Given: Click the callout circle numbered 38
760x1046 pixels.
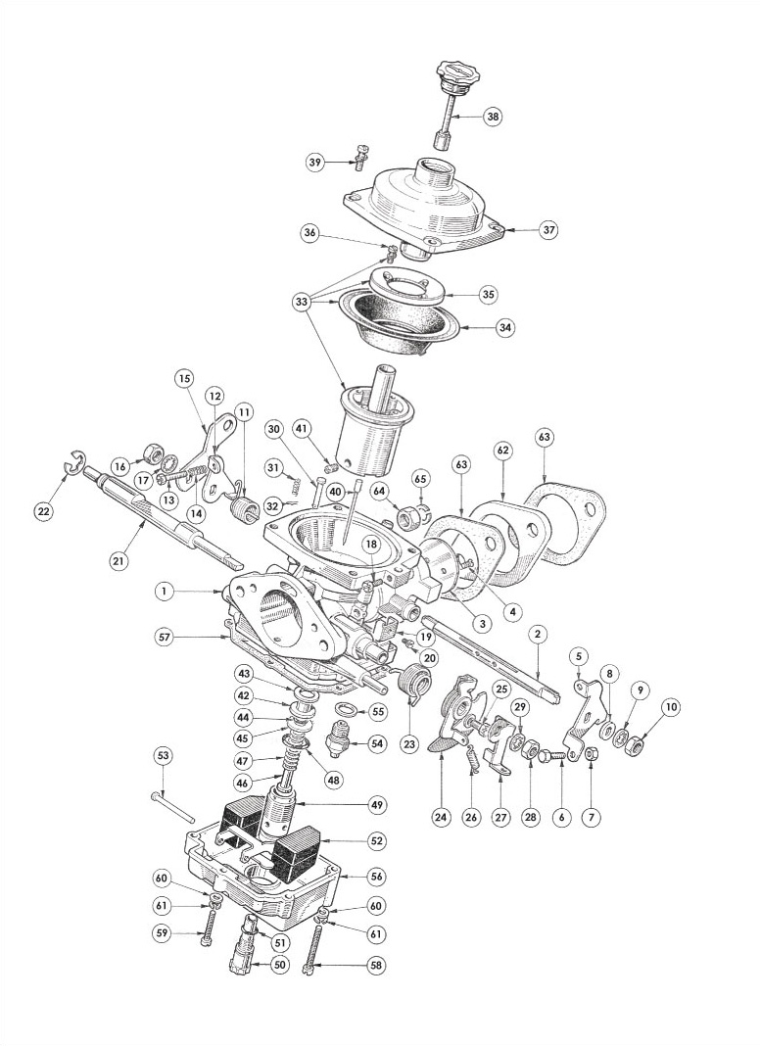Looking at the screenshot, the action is [493, 117].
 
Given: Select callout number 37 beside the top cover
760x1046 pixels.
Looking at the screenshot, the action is [548, 230].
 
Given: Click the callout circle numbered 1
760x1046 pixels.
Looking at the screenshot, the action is [164, 591].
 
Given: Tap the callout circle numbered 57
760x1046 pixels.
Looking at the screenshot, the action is [165, 637].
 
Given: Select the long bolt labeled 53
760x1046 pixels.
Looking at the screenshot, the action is [172, 806].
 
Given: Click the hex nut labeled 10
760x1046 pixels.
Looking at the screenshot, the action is [634, 744].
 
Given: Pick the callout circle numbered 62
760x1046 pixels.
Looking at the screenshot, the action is [503, 451].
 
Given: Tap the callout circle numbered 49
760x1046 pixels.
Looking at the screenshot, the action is [378, 804].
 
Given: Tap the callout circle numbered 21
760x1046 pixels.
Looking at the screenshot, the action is [118, 562].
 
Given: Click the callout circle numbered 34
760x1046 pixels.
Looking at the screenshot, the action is [505, 328].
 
